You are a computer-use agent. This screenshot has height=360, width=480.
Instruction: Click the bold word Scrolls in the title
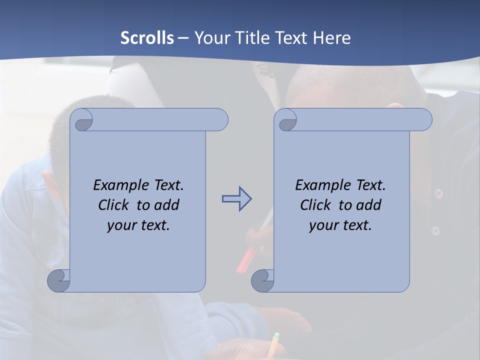[x=147, y=38]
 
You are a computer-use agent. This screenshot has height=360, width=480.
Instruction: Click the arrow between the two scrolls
[x=236, y=199]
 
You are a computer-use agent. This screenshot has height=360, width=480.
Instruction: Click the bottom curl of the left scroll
[x=58, y=280]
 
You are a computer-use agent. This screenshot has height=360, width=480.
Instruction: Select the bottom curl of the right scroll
[x=262, y=280]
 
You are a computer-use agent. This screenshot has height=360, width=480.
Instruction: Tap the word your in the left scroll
[x=120, y=225]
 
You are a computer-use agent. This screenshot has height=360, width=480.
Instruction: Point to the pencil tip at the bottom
[x=275, y=335]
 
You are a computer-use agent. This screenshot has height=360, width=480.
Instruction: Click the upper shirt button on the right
[x=438, y=193]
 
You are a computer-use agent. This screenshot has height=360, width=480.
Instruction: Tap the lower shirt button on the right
[x=435, y=230]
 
